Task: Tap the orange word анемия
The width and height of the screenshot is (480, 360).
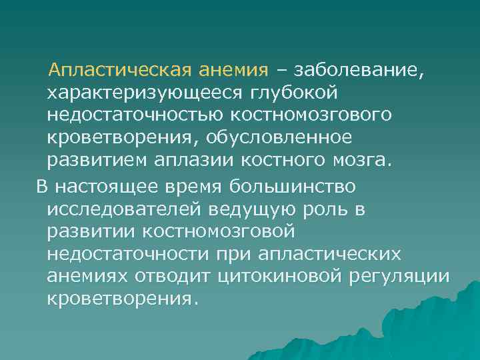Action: tap(235, 69)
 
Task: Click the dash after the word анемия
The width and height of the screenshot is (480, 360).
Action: tap(279, 70)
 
